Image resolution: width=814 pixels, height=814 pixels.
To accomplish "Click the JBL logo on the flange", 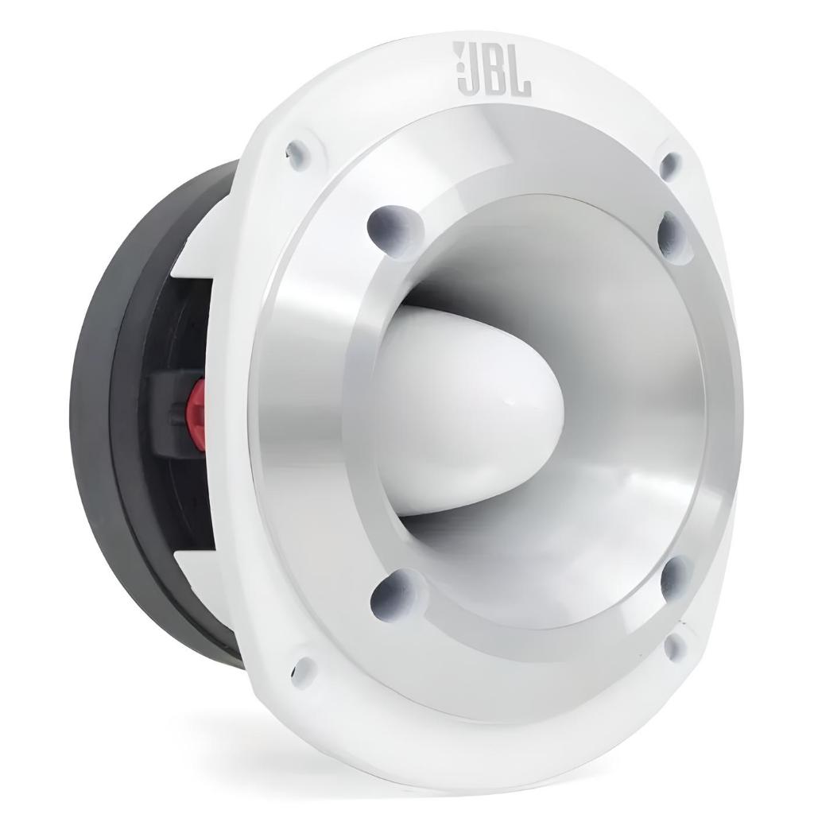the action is click(492, 69).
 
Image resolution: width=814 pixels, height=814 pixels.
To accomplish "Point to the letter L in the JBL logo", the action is click(520, 70).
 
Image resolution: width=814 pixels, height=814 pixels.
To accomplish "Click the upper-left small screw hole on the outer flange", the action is click(299, 153).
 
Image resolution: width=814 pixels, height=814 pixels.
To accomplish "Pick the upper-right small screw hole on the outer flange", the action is click(671, 164).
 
